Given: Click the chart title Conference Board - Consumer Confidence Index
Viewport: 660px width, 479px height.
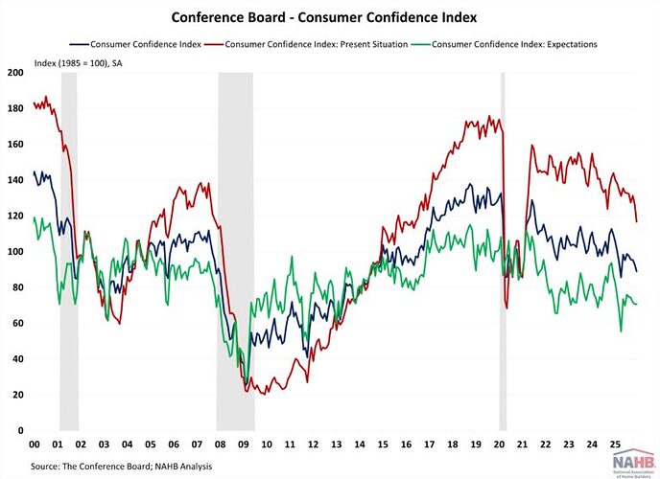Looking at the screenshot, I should [x=330, y=16].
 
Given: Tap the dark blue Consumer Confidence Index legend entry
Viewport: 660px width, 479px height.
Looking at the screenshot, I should [x=143, y=44].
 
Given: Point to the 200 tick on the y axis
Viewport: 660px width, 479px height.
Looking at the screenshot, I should [x=15, y=73].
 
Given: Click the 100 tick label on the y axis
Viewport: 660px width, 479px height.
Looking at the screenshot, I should [x=15, y=252].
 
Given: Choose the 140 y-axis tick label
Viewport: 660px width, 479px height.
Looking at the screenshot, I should [x=15, y=180].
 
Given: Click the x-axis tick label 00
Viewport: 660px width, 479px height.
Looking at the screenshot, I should [x=35, y=445].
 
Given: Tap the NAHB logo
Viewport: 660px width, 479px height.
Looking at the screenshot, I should [x=628, y=463].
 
